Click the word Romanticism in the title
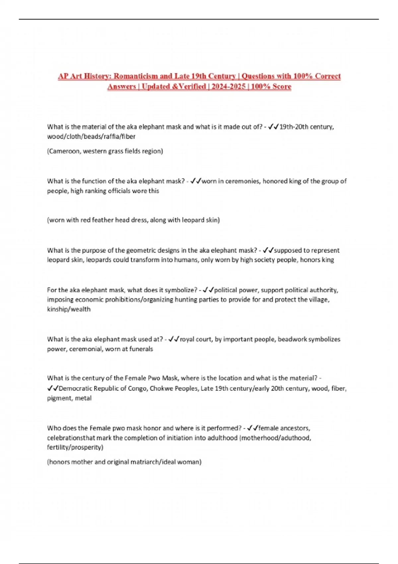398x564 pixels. click(x=136, y=76)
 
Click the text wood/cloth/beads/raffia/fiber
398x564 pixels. click(x=91, y=136)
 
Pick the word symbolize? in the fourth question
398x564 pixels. click(x=181, y=290)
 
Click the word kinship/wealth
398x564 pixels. click(x=69, y=309)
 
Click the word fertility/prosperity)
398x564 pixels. click(x=75, y=448)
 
